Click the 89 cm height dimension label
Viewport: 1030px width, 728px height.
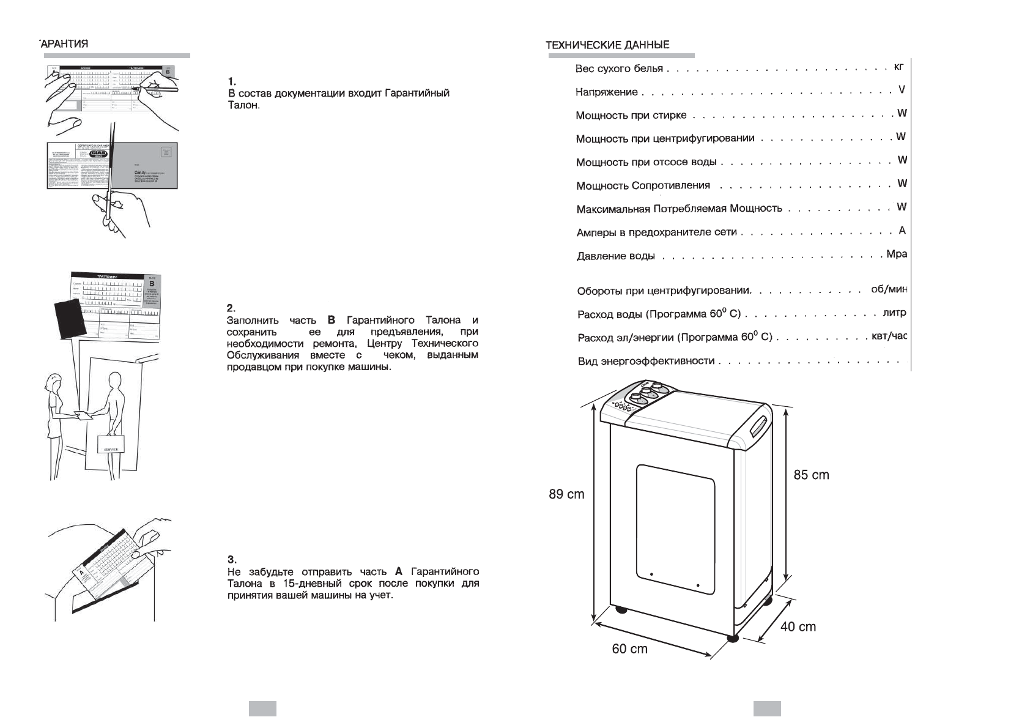[x=566, y=494]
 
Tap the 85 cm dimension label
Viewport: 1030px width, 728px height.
[x=811, y=475]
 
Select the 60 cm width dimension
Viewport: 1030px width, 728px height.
[x=629, y=648]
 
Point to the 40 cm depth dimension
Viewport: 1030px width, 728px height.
[x=798, y=626]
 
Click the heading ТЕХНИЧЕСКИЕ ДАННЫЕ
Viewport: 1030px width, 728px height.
[x=607, y=45]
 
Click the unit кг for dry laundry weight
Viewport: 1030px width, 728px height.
[x=898, y=66]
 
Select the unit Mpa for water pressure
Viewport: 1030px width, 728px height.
[x=897, y=254]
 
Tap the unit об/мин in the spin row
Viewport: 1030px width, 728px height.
[x=889, y=289]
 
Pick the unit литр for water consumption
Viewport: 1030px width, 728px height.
[x=894, y=313]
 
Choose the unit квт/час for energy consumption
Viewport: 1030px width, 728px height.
[x=889, y=336]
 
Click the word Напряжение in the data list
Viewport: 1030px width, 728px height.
[x=606, y=92]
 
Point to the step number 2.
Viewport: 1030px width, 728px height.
[x=231, y=308]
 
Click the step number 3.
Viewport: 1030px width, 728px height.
[x=231, y=559]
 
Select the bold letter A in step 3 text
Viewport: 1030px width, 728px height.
[x=399, y=571]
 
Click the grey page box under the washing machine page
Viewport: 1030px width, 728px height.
[x=767, y=708]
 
